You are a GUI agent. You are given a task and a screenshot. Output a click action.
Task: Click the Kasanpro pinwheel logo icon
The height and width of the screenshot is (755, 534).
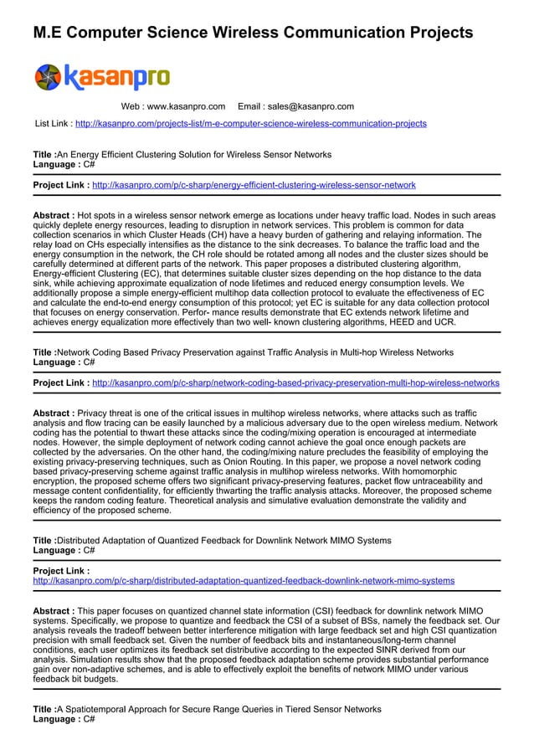point(49,77)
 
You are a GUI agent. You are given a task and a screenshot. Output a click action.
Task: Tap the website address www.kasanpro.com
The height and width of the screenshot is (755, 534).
point(173,106)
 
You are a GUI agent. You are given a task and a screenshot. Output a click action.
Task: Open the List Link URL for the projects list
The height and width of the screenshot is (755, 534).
point(250,124)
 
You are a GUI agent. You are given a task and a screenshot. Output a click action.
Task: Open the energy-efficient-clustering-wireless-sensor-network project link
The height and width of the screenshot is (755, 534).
point(253,185)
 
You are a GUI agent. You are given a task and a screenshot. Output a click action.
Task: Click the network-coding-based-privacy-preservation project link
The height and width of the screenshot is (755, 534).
point(295,383)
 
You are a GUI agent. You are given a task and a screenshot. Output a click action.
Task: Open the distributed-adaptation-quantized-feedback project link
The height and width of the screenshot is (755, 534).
point(243,580)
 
